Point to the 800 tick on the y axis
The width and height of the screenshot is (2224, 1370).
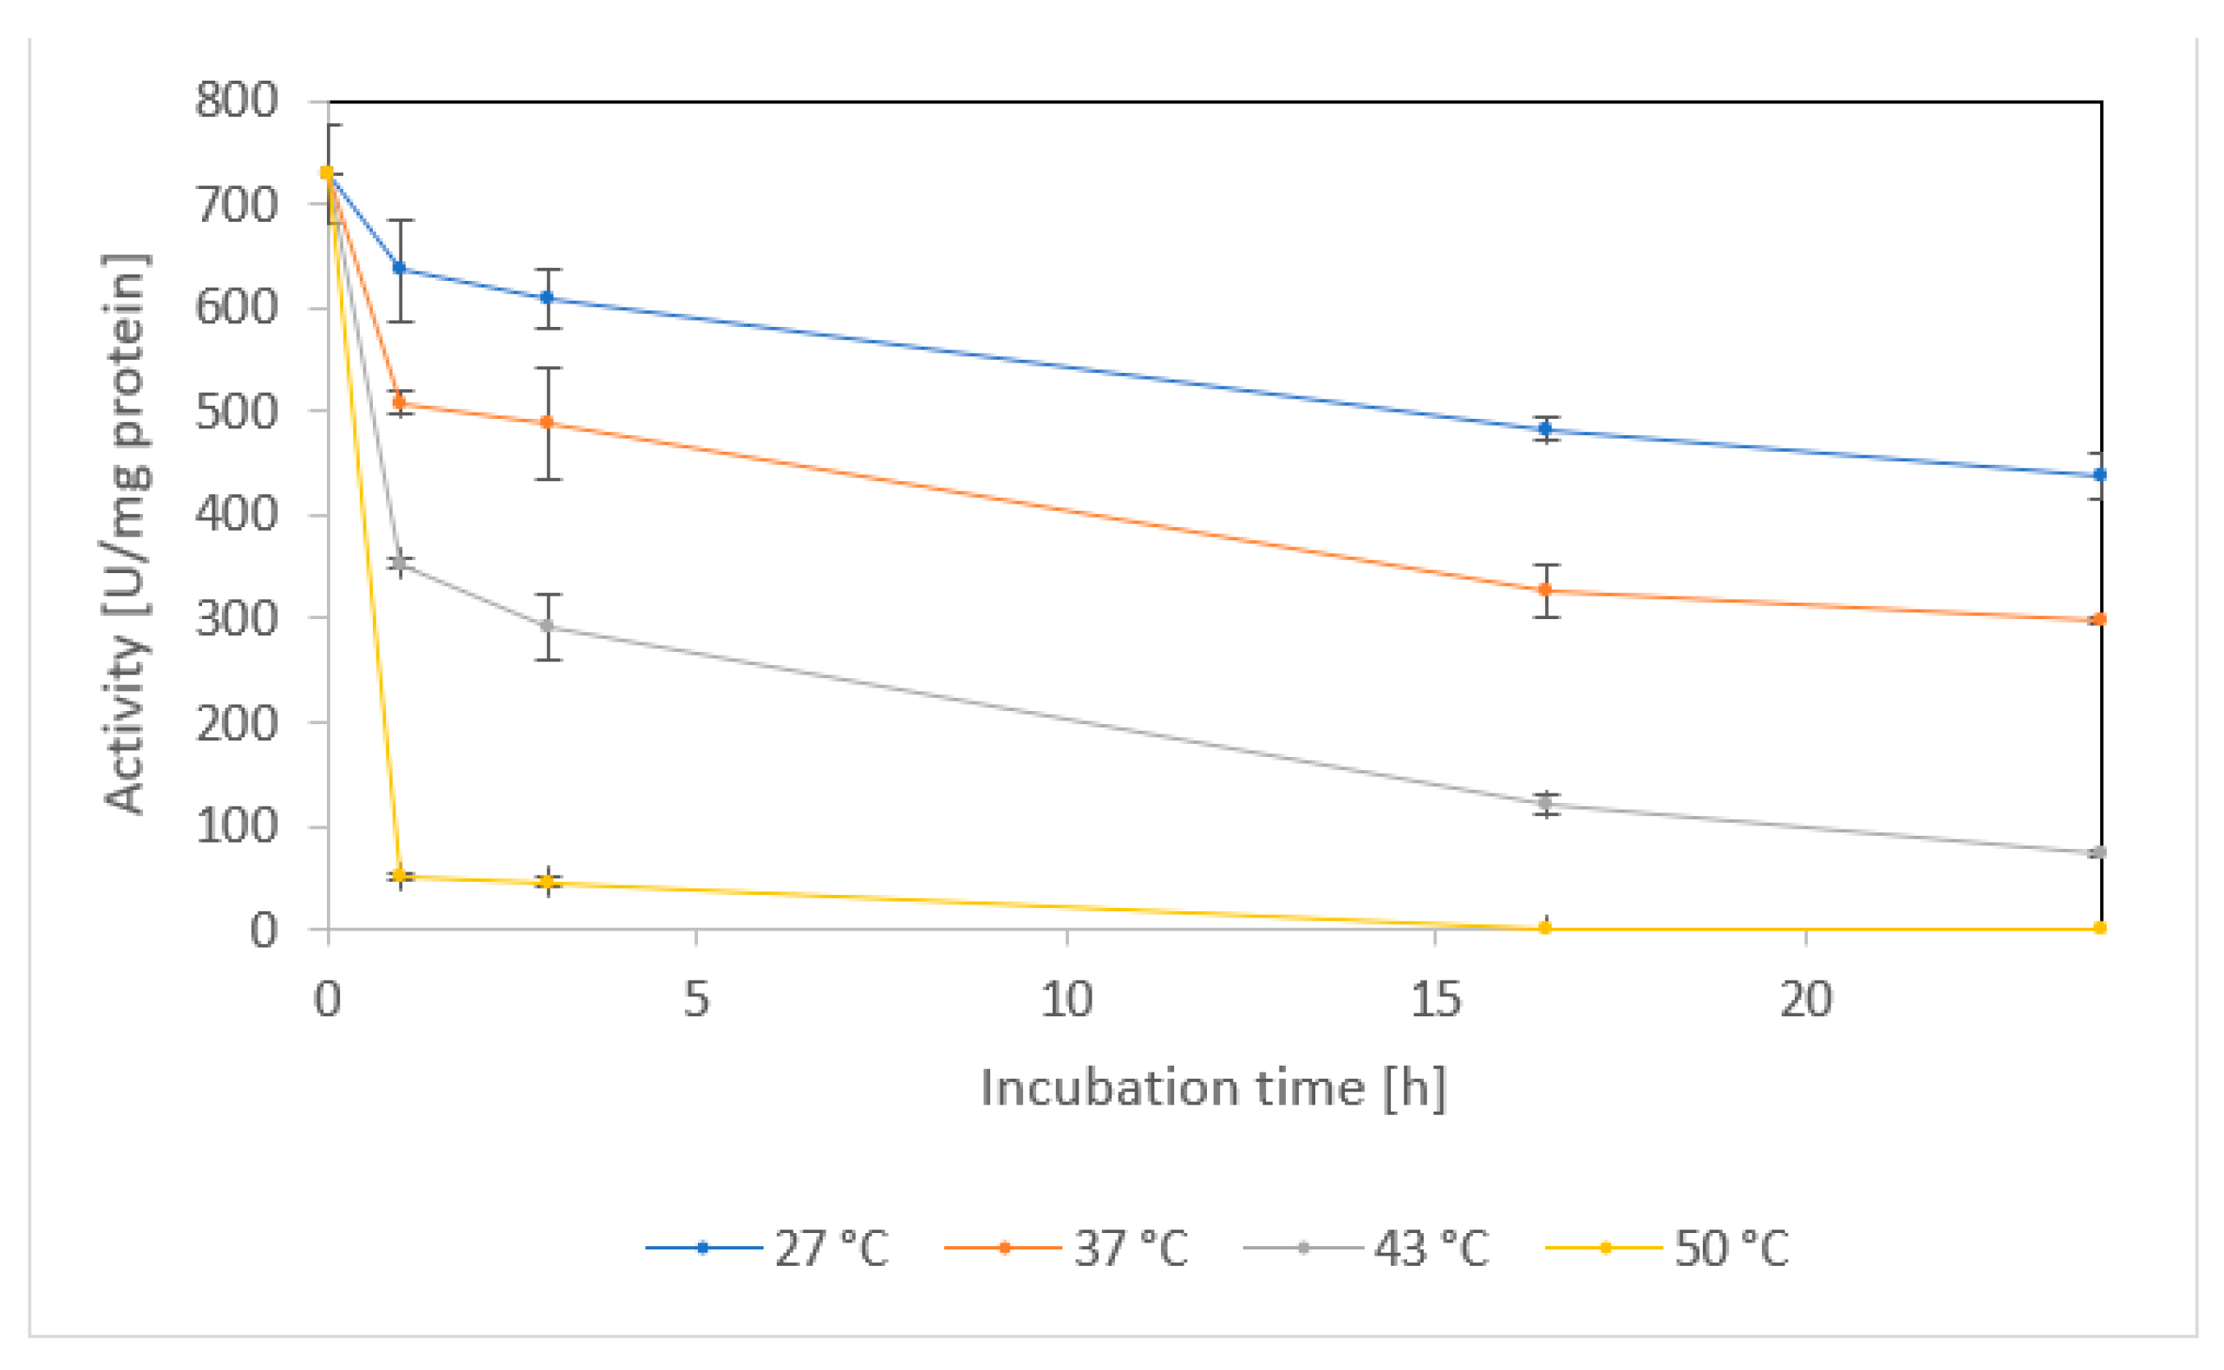[x=237, y=100]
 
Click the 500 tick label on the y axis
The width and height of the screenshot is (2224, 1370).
[x=237, y=412]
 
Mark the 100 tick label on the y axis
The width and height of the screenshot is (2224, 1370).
[x=237, y=826]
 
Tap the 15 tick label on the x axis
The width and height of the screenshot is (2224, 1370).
[x=1435, y=1001]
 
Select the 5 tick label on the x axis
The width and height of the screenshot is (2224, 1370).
[x=695, y=1001]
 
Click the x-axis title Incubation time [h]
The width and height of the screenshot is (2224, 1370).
[x=1213, y=1087]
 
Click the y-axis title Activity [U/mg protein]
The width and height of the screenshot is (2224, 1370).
[x=125, y=535]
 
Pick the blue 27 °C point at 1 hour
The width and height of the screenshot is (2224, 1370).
[x=400, y=268]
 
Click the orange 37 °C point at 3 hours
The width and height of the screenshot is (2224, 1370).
[x=547, y=423]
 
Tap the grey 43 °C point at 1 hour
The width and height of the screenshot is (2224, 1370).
[x=400, y=564]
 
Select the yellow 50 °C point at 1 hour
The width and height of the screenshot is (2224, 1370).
[x=400, y=875]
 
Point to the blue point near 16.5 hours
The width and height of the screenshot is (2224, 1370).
[x=1545, y=428]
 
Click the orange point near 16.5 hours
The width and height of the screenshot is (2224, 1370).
[x=1545, y=590]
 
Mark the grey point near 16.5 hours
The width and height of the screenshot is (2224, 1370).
[x=1545, y=803]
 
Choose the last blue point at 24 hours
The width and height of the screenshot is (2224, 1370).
[x=2100, y=475]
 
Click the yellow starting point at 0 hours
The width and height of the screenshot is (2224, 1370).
[x=327, y=173]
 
